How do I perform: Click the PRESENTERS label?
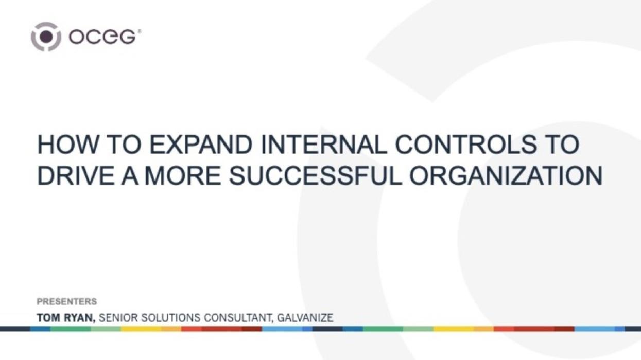[x=67, y=301]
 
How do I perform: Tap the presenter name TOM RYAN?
[x=66, y=318]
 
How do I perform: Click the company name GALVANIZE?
[x=305, y=318]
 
